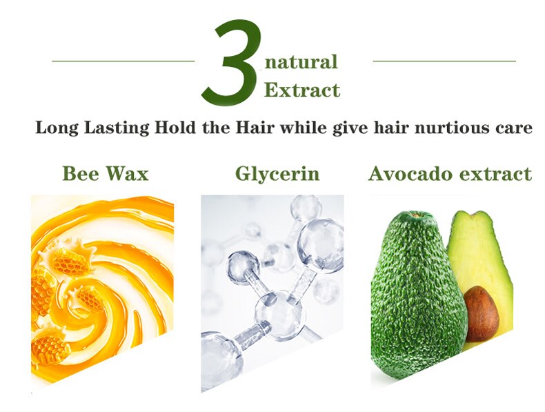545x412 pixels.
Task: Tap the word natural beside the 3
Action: click(x=301, y=63)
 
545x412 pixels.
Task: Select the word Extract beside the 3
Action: click(x=302, y=90)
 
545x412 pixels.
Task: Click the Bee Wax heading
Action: click(x=105, y=173)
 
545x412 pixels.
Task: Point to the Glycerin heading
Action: click(x=277, y=173)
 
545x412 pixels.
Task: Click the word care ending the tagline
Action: click(x=512, y=128)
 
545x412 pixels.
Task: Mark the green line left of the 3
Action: click(x=123, y=61)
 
